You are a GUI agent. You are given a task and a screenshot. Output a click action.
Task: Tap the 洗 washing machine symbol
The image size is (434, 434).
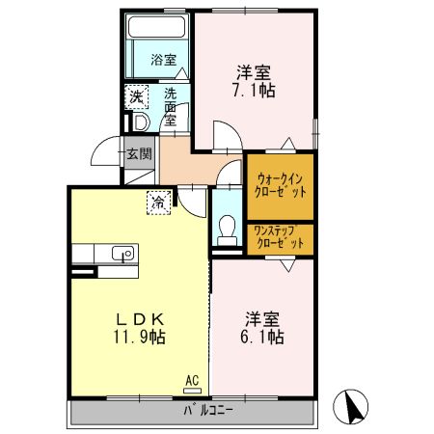pos(137,96)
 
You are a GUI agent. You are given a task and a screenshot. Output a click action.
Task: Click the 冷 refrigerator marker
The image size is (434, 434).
pos(158,202)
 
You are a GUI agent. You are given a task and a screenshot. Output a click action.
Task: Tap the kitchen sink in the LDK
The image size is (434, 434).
pos(122,255)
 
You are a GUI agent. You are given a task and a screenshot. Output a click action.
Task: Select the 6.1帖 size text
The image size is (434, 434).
pos(262,338)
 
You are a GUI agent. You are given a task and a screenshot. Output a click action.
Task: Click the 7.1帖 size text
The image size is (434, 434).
pos(255,92)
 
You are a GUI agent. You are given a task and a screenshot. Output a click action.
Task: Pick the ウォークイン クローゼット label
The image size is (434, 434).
pos(281,184)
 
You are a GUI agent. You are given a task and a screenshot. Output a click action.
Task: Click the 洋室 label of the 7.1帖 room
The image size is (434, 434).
pos(255,70)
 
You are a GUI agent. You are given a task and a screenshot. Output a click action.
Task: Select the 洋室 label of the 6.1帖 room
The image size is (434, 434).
pos(262,318)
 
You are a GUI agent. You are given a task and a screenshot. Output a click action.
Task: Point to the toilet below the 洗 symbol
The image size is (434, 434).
pos(136,122)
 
